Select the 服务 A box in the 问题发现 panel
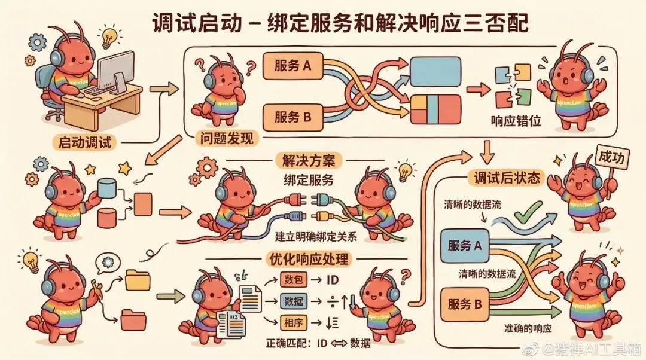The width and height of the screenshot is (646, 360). pyautogui.click(x=292, y=66)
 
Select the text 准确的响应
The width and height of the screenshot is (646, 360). pyautogui.click(x=527, y=330)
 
